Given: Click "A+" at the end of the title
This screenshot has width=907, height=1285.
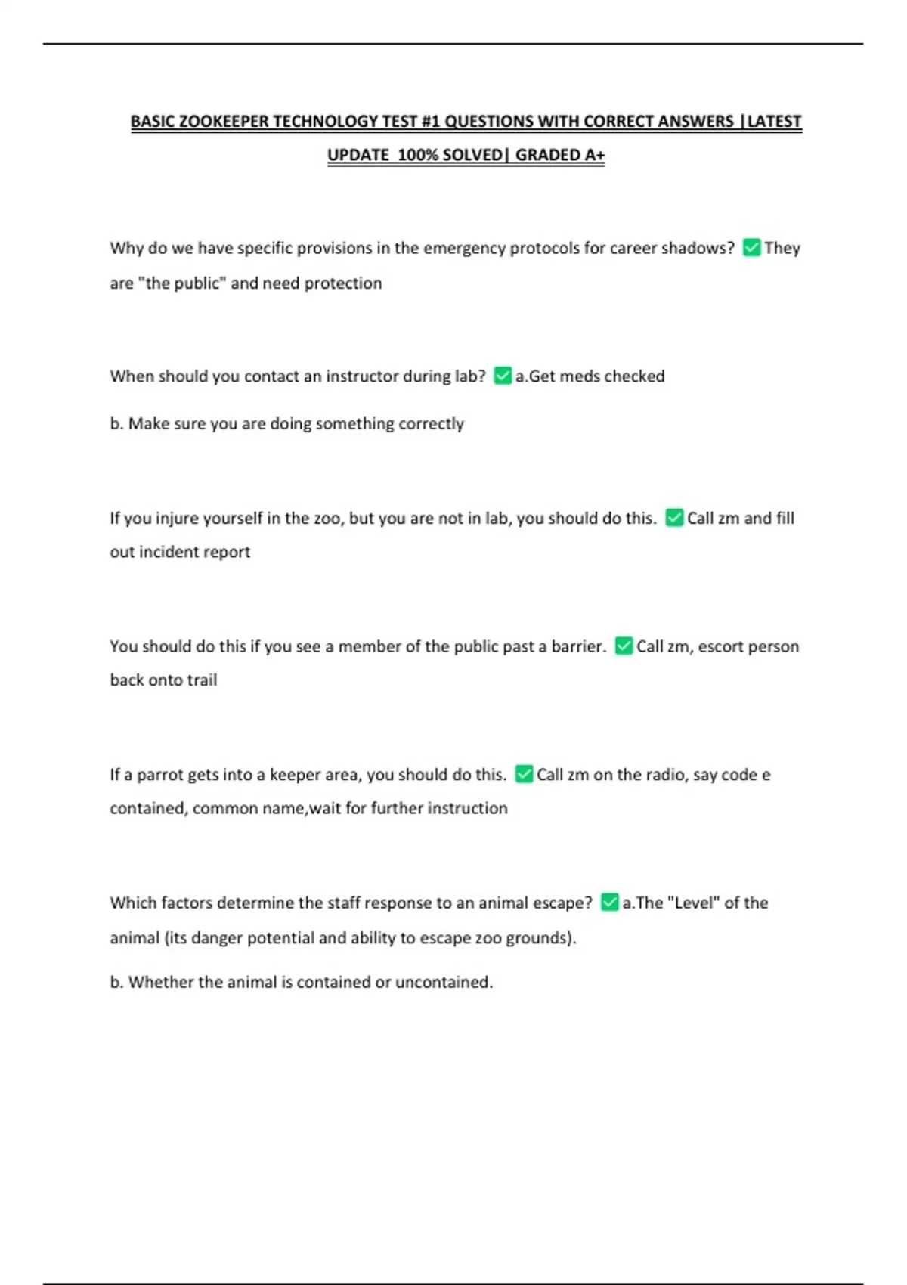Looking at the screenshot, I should [x=594, y=156].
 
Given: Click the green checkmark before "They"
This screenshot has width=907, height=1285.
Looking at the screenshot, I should [x=751, y=248].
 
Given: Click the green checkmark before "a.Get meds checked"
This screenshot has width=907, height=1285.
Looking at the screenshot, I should [x=503, y=376].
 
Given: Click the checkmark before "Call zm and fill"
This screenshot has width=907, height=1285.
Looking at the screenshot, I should [x=674, y=518].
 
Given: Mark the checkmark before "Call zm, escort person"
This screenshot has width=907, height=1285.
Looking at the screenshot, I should [x=624, y=646].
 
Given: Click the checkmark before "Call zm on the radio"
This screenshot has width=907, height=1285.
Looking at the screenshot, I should [x=524, y=774].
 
